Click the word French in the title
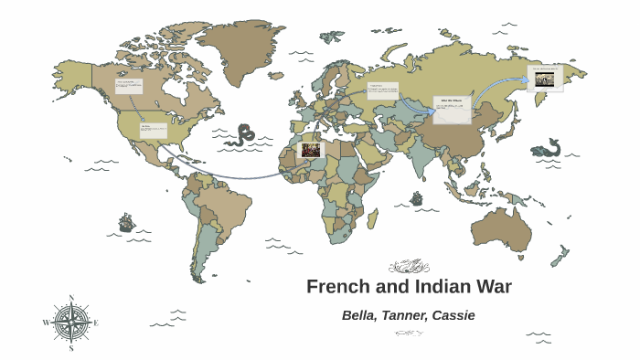coord(335,287)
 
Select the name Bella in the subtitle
coord(359,315)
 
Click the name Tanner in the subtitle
coord(406,315)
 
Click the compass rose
coord(70,323)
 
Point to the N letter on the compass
coord(71,298)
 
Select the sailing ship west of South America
coord(126,222)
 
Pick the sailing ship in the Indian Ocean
coord(417,197)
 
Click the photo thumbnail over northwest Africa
coord(310,149)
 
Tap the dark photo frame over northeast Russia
coord(545,79)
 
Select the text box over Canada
coord(129,87)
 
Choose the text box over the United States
coord(153,131)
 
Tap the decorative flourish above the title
coord(409,267)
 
